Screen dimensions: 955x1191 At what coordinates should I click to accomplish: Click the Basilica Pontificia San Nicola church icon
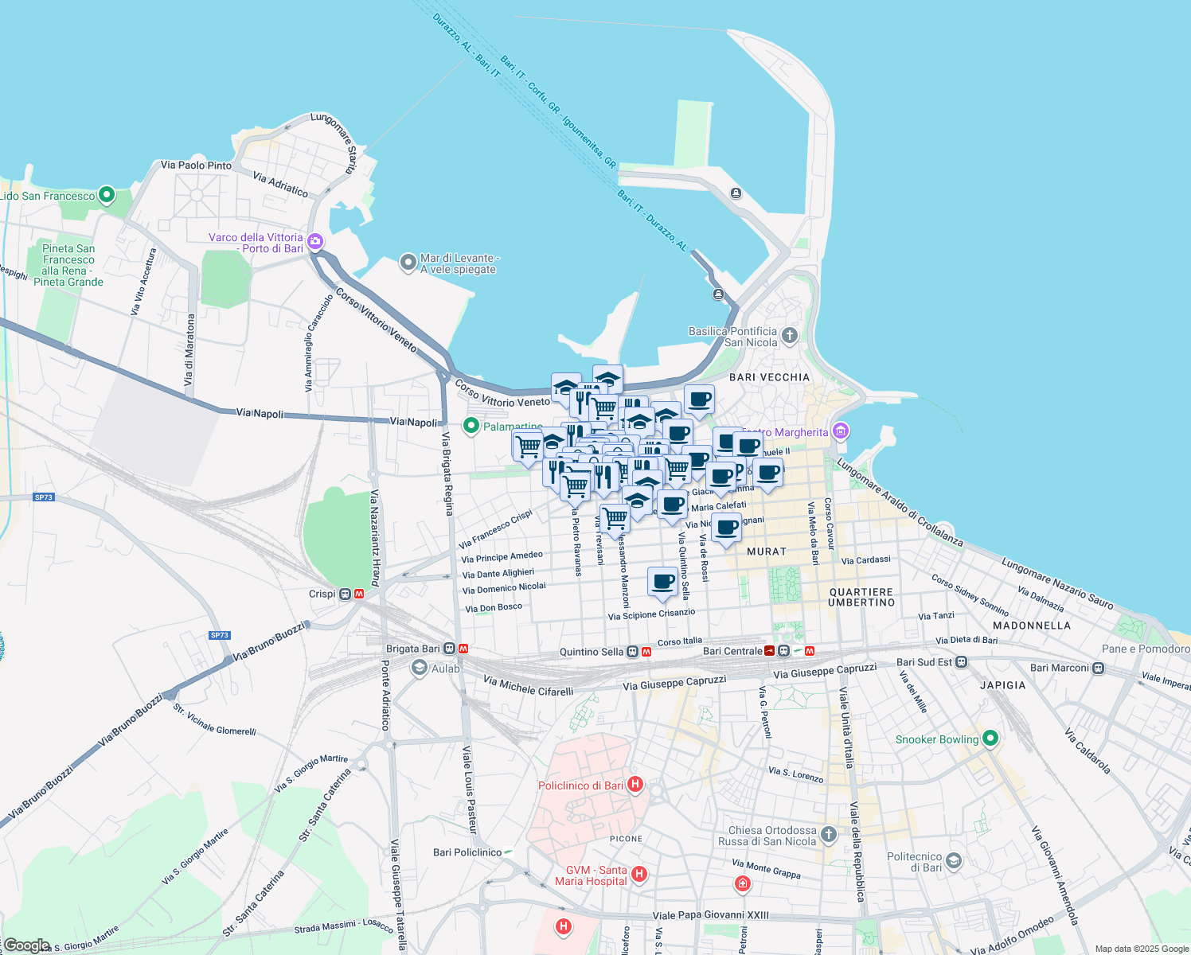click(x=789, y=335)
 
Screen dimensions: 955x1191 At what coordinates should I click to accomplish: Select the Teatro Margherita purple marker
click(x=841, y=432)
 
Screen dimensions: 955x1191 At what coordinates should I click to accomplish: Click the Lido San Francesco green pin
click(x=107, y=195)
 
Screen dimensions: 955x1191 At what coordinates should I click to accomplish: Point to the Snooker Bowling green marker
click(x=990, y=739)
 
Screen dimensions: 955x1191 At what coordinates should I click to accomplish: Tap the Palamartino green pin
click(x=471, y=427)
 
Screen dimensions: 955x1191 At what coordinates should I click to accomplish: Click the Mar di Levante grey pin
click(x=408, y=262)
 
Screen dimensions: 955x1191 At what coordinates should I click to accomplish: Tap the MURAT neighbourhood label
click(x=766, y=551)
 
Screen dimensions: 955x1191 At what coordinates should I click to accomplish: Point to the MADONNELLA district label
click(x=1031, y=626)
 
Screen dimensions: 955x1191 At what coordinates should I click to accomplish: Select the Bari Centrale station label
click(x=732, y=651)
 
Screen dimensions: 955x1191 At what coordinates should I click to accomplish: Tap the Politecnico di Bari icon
click(x=954, y=860)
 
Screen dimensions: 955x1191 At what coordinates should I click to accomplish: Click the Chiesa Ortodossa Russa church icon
click(x=829, y=834)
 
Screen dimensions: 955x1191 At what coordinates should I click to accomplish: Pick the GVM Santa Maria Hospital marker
click(x=638, y=874)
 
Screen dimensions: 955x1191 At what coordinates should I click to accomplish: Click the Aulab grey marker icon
click(x=420, y=668)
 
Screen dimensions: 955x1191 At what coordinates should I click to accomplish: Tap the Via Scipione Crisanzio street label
click(x=651, y=614)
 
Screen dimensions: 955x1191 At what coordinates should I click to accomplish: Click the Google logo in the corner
click(x=26, y=945)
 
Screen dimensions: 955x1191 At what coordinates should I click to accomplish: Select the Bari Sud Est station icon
click(x=962, y=662)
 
